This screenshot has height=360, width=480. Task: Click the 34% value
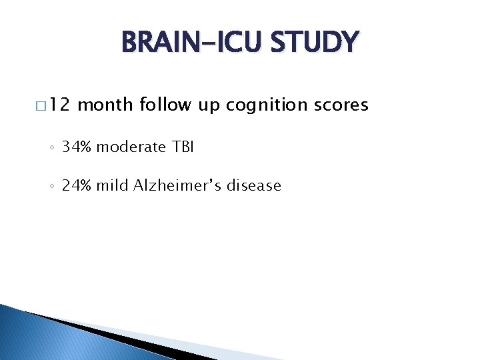click(77, 147)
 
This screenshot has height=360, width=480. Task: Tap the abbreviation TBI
click(181, 147)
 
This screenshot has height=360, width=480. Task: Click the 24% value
click(77, 185)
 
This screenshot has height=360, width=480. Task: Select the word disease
click(254, 185)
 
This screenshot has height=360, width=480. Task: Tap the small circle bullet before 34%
click(53, 148)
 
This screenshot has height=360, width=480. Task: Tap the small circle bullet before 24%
click(53, 187)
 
